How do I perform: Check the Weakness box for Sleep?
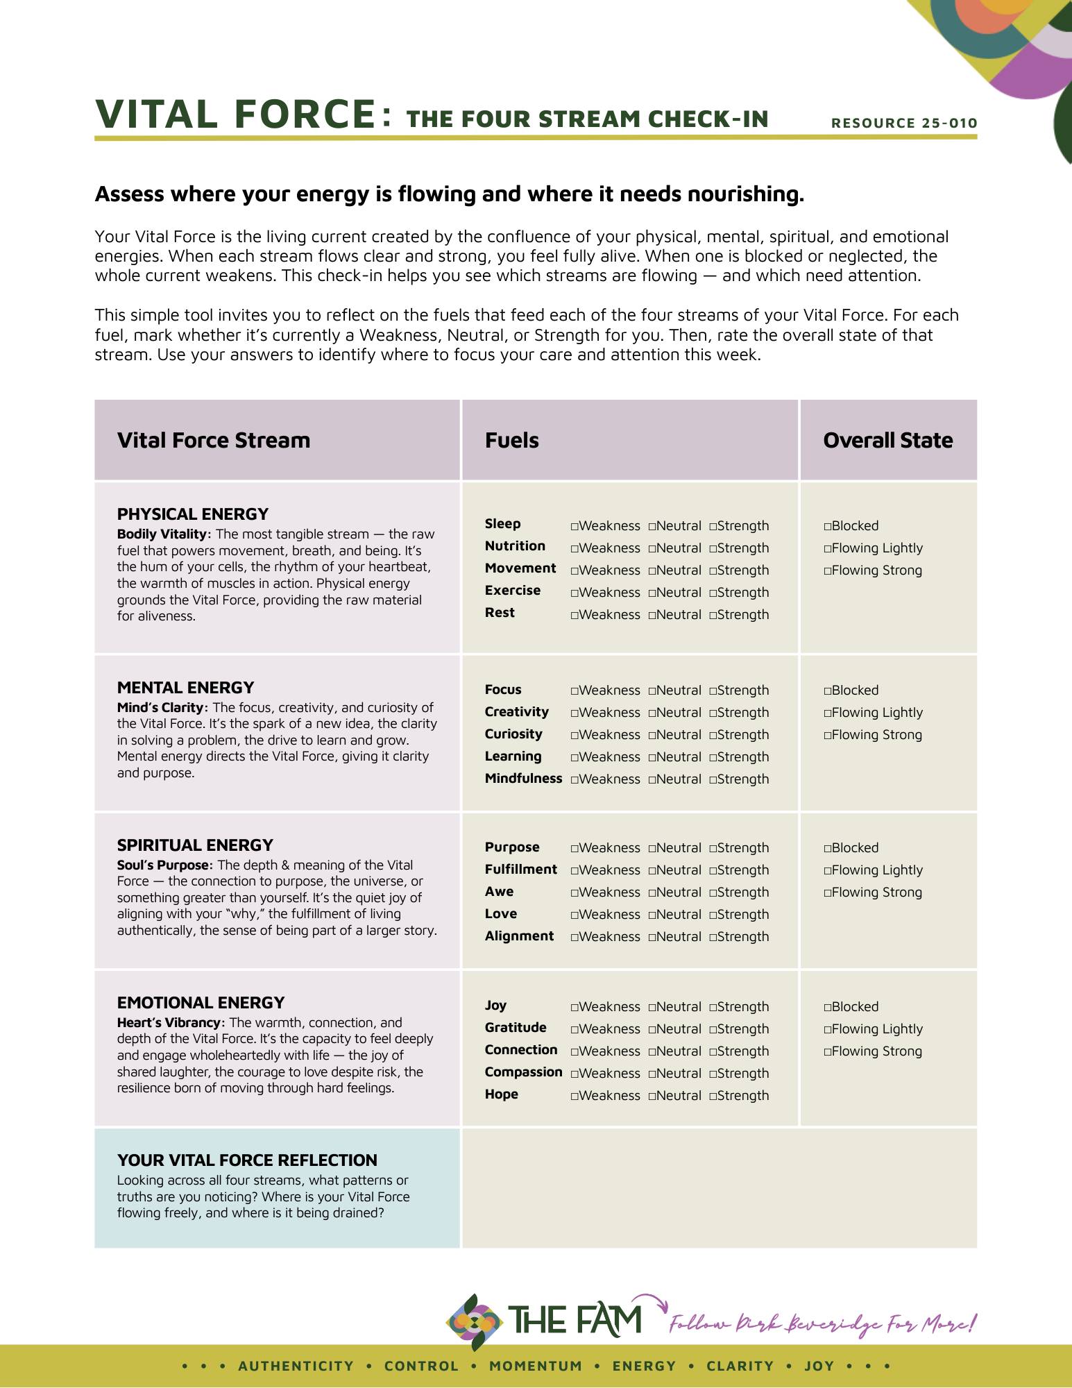575,527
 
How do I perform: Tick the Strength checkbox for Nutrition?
713,549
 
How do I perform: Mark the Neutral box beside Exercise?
652,593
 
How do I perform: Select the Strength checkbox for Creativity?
713,713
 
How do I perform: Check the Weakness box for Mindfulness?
575,780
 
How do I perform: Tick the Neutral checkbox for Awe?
652,893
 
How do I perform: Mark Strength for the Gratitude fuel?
713,1030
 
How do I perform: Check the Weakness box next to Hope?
575,1097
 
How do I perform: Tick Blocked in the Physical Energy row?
828,527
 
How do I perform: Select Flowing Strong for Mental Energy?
828,736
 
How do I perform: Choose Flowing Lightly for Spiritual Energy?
828,871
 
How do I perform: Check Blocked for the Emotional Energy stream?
828,1008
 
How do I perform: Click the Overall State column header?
887,440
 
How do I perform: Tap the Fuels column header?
511,440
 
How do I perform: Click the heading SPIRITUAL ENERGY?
195,845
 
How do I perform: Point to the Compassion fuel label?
523,1072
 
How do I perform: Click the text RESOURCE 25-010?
904,124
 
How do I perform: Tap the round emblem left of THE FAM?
474,1321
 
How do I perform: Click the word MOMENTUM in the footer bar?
536,1366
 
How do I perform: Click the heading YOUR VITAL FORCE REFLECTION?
247,1160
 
